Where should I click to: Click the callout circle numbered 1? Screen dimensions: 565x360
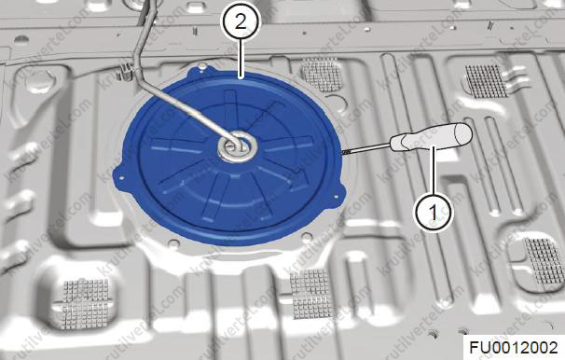[434, 212]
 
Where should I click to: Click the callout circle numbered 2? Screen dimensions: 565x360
[241, 22]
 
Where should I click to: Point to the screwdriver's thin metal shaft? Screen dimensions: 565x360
[365, 149]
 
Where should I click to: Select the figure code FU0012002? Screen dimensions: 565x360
[514, 348]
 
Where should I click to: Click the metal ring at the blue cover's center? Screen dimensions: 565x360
[238, 147]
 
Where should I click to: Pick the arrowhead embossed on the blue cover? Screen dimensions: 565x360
[300, 177]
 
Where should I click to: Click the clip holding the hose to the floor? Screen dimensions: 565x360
[125, 70]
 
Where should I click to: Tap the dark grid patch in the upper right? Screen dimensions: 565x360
[486, 81]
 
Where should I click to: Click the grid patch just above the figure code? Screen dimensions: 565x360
[544, 260]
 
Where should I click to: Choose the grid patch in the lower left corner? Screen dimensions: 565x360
[86, 304]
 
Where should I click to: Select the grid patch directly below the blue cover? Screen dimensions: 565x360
[311, 294]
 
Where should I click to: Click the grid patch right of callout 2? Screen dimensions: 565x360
[322, 75]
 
